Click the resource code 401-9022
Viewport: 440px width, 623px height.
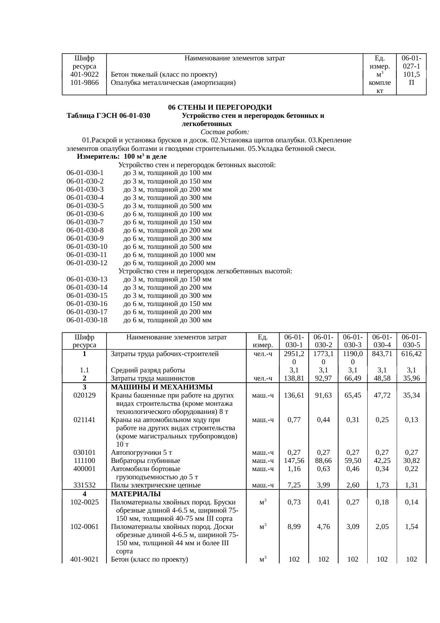click(84, 75)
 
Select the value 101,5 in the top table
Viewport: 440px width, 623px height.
click(411, 75)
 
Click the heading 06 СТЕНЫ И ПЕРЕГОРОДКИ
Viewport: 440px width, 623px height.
click(220, 107)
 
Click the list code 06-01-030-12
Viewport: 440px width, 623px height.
click(87, 263)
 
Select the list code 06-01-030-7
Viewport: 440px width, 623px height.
click(85, 222)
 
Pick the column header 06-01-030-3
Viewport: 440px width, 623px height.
click(353, 341)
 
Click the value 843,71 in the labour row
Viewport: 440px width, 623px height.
click(382, 354)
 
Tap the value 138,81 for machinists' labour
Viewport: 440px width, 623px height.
click(294, 378)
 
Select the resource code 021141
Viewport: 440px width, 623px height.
click(84, 420)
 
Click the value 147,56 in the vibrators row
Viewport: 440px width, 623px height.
click(294, 460)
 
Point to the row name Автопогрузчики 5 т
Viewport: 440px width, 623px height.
click(142, 452)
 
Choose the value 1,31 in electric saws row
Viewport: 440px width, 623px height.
click(411, 485)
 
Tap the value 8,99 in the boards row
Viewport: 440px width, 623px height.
click(294, 527)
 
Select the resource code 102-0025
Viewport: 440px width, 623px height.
click(84, 502)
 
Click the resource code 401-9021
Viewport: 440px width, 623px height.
click(84, 560)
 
